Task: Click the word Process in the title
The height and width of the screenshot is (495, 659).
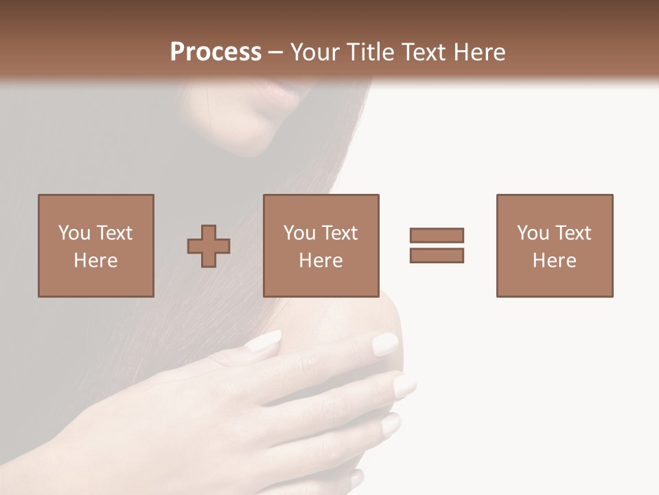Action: click(x=216, y=52)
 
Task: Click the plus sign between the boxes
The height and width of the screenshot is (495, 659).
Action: click(x=209, y=246)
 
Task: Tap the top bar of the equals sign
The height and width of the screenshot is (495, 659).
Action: click(x=437, y=236)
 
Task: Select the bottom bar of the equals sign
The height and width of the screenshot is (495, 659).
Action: click(x=437, y=255)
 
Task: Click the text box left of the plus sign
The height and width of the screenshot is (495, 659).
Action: click(x=95, y=245)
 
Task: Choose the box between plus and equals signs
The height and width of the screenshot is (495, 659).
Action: click(x=321, y=245)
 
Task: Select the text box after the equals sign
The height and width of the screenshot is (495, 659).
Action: click(x=554, y=245)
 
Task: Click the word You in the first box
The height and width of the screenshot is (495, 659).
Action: click(x=73, y=233)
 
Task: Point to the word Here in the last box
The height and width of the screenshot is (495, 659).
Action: click(x=554, y=261)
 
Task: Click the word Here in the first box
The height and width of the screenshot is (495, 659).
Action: click(x=95, y=261)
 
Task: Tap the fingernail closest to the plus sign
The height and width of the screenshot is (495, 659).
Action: click(x=265, y=340)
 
